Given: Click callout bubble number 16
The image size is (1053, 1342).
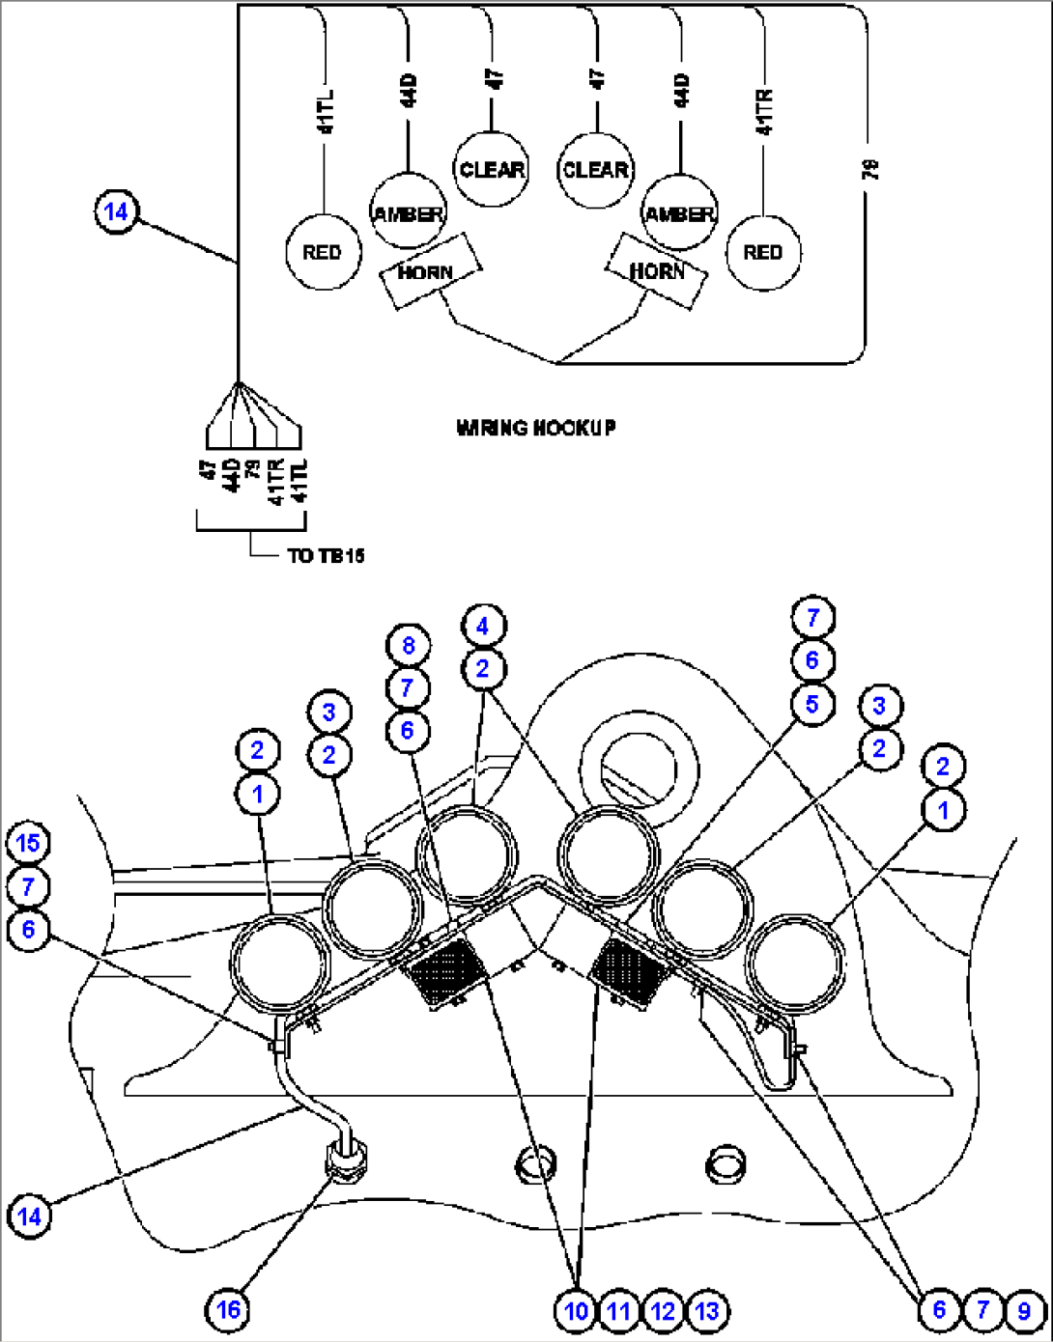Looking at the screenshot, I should (x=228, y=1309).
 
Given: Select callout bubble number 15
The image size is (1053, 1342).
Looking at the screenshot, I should (x=28, y=843).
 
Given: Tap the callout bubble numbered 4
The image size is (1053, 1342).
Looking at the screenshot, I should (x=483, y=626).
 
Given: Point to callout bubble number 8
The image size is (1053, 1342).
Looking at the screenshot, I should (x=408, y=645).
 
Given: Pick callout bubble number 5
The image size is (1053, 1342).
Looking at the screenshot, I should (x=811, y=704).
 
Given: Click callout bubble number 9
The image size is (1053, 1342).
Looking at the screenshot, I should (x=1024, y=1310).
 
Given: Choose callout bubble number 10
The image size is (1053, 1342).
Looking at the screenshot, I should (x=576, y=1310).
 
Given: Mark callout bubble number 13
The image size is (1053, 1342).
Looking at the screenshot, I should (x=707, y=1310).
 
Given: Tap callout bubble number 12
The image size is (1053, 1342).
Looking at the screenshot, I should (x=663, y=1310).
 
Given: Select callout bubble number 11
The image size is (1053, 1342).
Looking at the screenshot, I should (x=619, y=1310).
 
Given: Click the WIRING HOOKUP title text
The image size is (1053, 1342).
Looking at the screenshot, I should (x=536, y=427).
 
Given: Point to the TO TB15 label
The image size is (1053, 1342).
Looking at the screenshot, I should (x=326, y=555).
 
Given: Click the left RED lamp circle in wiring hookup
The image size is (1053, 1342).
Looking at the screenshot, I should (x=322, y=252).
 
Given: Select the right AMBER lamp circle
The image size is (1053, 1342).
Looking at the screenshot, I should (x=680, y=211).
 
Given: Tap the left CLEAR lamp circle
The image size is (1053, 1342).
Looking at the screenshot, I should (x=491, y=170).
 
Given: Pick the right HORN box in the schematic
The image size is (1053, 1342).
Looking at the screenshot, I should (x=657, y=271).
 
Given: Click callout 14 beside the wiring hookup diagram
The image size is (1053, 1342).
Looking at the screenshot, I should (x=116, y=211).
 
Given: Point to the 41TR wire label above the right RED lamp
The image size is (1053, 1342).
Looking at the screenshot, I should (x=764, y=113).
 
